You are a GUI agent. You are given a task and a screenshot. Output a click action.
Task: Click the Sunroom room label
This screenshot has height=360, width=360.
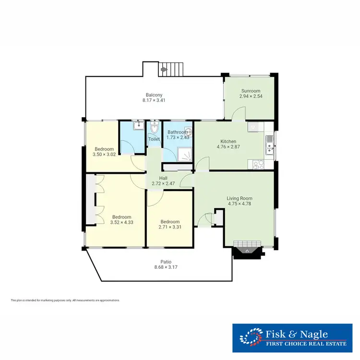pos(251,91)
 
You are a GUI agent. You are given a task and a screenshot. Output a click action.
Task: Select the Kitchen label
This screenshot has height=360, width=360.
pos(228,141)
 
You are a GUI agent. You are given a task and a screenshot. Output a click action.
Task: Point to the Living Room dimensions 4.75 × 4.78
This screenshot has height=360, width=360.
pos(240,204)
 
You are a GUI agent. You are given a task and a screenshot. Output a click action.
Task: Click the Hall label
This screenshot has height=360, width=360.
pos(163,178)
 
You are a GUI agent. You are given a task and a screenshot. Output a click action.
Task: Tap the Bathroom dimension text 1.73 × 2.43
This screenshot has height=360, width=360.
pos(178,138)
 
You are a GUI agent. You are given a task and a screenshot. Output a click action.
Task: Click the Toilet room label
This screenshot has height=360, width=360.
pos(154,139)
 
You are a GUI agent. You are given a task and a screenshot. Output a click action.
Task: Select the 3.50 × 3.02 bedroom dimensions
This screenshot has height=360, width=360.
pos(104,155)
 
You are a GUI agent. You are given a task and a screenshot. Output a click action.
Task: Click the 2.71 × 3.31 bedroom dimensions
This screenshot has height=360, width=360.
pos(170,227)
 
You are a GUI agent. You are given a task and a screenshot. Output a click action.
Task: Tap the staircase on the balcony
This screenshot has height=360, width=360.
pos(171,69)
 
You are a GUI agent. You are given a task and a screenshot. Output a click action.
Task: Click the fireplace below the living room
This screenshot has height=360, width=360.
pos(247,251)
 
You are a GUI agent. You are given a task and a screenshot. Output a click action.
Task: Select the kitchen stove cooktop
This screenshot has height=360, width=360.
pos(258,164)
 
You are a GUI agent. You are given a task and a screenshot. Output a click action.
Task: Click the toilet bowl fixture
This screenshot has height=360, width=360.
pos(154,129)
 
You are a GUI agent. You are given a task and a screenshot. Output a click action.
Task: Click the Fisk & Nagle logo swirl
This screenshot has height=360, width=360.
pos(251,336)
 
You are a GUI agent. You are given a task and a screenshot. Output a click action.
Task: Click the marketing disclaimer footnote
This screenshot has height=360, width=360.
pos(65,300)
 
